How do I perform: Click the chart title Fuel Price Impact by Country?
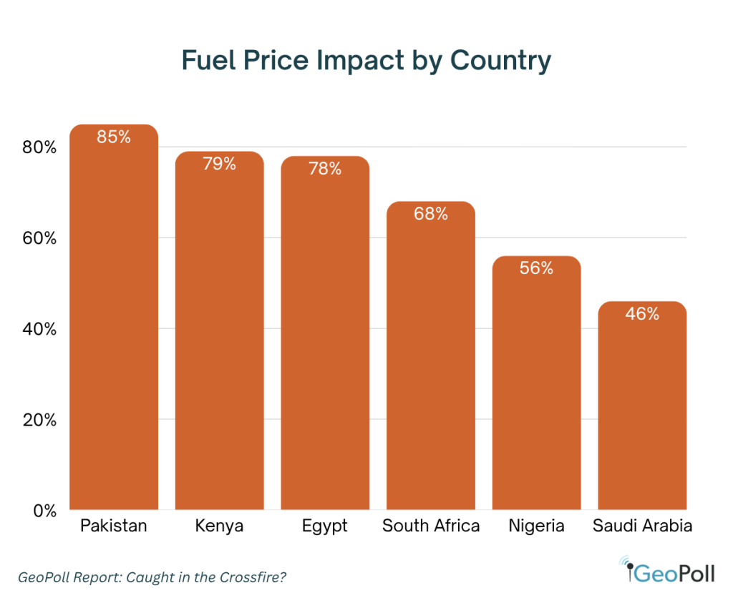pos(366,61)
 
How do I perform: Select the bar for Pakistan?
pos(114,322)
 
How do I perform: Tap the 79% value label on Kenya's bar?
pos(219,164)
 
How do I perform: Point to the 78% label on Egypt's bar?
pos(325,169)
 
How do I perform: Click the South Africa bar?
pos(430,358)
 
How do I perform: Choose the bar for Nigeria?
pos(536,386)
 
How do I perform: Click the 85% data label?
pos(114,137)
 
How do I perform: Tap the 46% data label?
pos(642,313)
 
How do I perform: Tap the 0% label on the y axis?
pos(44,511)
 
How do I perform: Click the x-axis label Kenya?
pos(219,526)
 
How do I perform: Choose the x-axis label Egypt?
pos(325,526)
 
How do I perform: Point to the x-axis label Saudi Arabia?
pos(642,526)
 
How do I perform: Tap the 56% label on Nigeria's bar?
pos(536,268)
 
